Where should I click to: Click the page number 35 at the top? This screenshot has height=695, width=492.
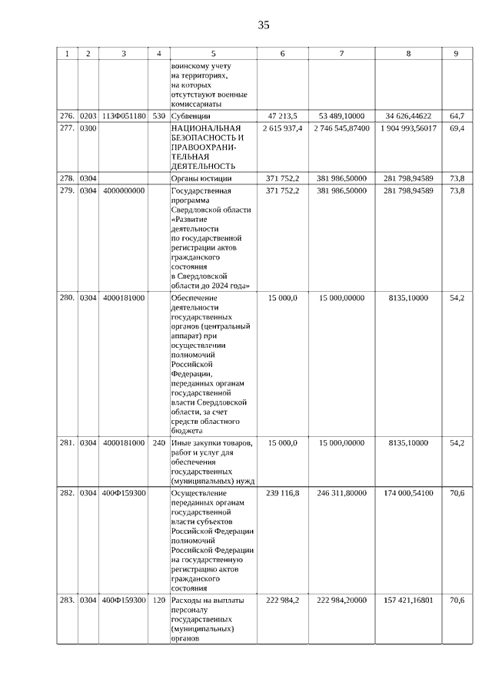(264, 25)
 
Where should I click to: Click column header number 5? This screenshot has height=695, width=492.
(213, 54)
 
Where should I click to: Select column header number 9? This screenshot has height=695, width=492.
(456, 54)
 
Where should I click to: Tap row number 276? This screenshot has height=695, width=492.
(67, 115)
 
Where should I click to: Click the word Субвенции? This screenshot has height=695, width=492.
(191, 115)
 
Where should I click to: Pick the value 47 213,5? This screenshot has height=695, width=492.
(282, 115)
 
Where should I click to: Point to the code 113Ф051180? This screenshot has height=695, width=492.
(123, 115)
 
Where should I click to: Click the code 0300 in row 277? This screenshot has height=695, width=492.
(88, 128)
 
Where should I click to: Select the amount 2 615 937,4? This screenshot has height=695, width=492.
(282, 128)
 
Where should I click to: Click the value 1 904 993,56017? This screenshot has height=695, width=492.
(407, 128)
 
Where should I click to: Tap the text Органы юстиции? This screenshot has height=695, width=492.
(201, 178)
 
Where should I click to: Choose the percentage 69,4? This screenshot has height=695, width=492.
(457, 128)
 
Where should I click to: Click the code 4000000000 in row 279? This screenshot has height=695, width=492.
(123, 190)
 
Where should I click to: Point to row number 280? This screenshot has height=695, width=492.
(67, 297)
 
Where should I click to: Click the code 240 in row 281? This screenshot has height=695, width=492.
(158, 443)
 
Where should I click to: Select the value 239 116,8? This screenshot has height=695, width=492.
(282, 493)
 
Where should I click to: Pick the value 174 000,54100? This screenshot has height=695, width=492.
(407, 493)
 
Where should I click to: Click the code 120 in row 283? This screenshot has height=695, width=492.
(158, 600)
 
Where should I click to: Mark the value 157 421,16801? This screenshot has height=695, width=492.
(407, 600)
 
